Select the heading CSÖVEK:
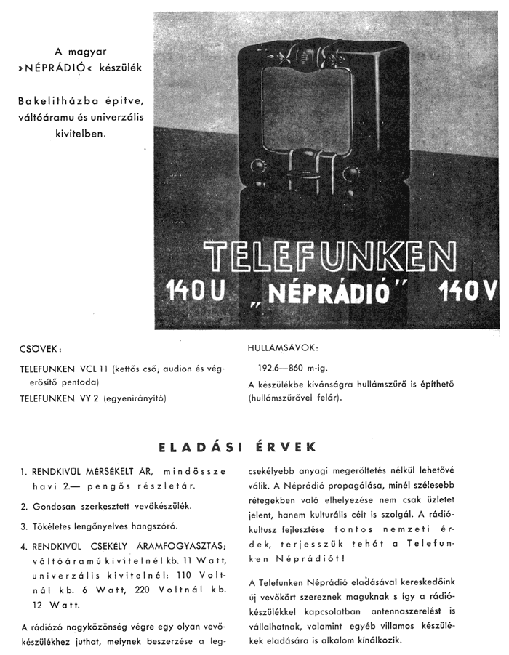point(41,348)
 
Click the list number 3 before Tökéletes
point(24,526)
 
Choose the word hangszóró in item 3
point(152,526)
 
